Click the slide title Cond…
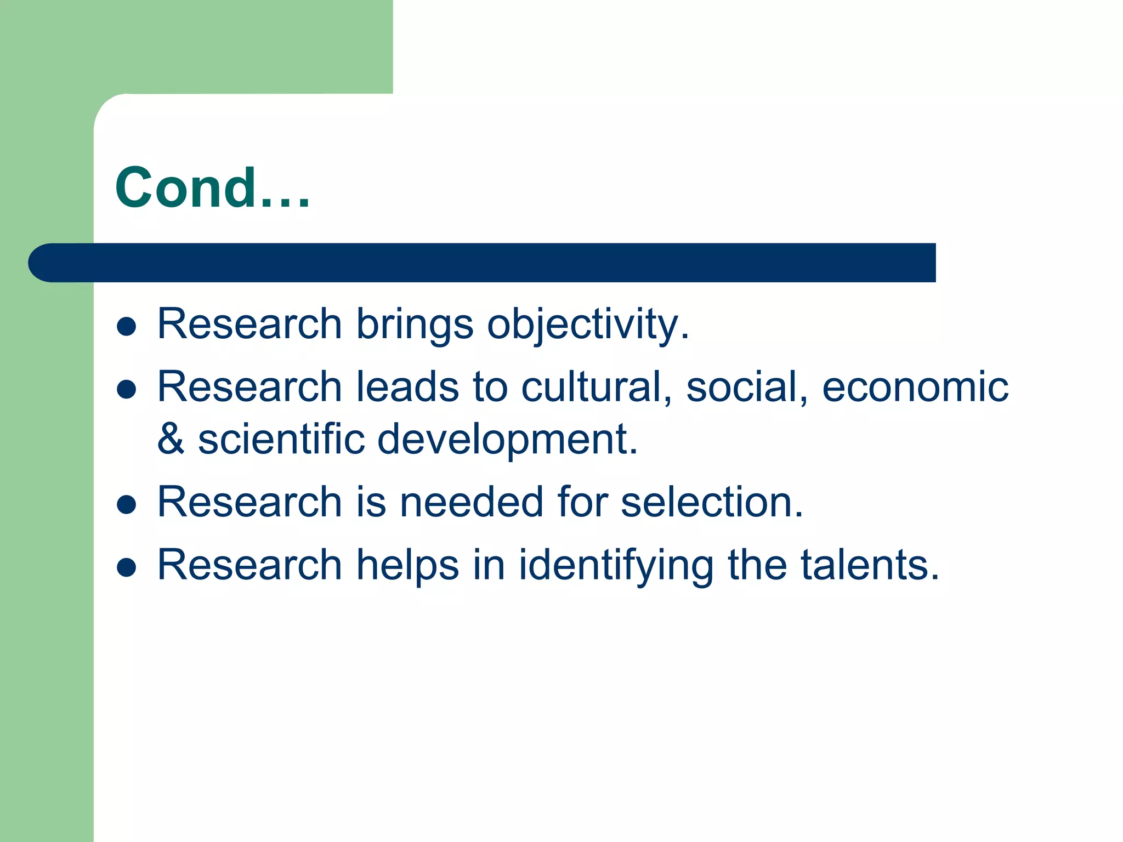pyautogui.click(x=213, y=188)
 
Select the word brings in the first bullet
pyautogui.click(x=415, y=324)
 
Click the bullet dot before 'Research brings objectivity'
pyautogui.click(x=127, y=327)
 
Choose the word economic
pyautogui.click(x=915, y=386)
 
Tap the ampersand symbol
pyautogui.click(x=171, y=439)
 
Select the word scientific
pyautogui.click(x=281, y=439)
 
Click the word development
pyautogui.click(x=507, y=439)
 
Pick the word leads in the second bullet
pyautogui.click(x=407, y=386)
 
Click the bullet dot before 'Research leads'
pyautogui.click(x=127, y=389)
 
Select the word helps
pyautogui.click(x=407, y=565)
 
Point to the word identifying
pyautogui.click(x=616, y=565)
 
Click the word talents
pyautogui.click(x=870, y=565)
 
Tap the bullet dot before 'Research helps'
pyautogui.click(x=127, y=567)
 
